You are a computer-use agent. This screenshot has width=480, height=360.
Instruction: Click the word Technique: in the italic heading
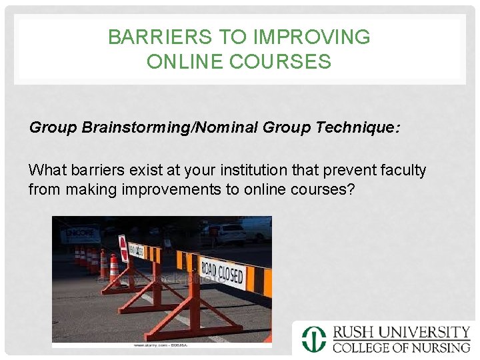[x=365, y=127]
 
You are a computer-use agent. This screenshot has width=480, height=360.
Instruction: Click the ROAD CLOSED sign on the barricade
[x=222, y=271]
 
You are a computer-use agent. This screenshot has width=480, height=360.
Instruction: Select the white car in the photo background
[x=227, y=233]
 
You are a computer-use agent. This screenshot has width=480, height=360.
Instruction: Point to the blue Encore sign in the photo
[x=79, y=233]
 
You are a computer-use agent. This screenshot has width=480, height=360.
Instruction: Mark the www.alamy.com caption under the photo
[x=161, y=345]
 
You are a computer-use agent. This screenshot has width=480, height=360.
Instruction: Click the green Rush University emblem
[x=313, y=339]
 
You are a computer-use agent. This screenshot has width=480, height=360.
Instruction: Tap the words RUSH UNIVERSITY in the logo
[x=402, y=332]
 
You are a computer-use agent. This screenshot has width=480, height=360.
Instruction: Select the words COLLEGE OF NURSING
[x=402, y=347]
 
